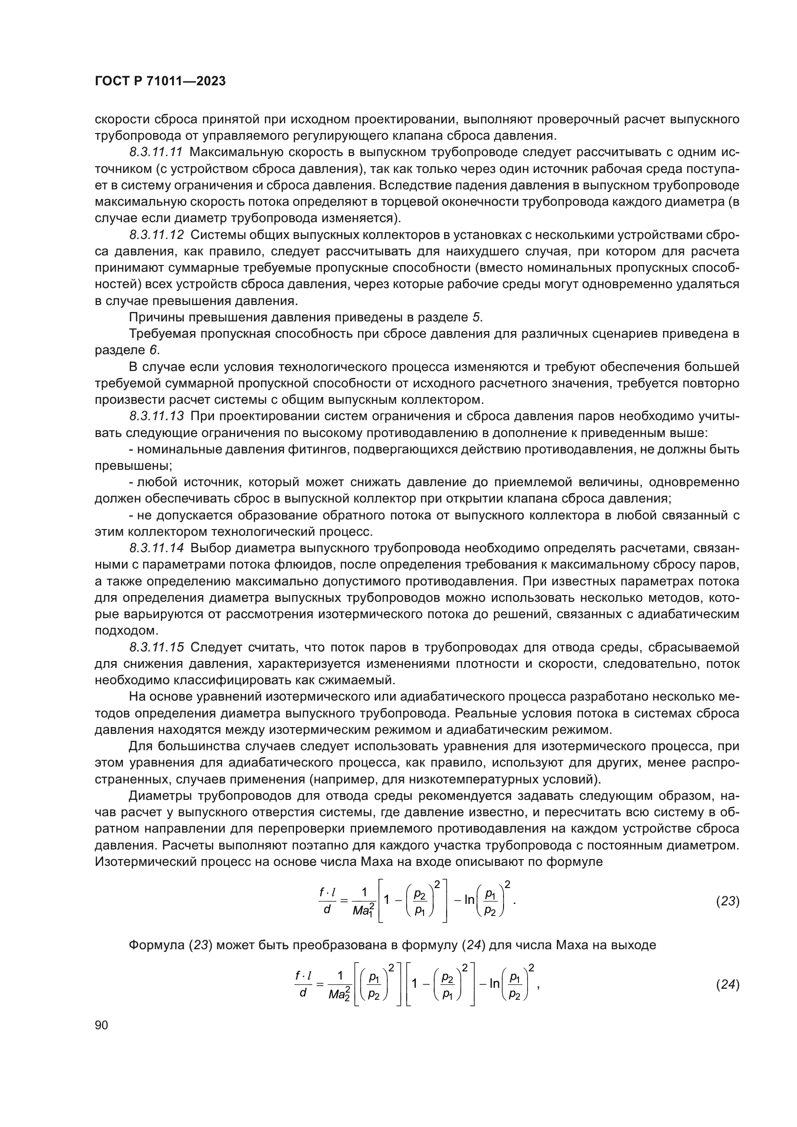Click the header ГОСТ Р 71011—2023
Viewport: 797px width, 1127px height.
pos(160,81)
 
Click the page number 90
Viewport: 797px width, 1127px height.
pos(101,1025)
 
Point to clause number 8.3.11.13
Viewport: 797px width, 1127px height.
pos(157,416)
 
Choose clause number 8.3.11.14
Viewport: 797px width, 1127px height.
pos(157,548)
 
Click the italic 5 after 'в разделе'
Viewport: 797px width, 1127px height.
pos(476,318)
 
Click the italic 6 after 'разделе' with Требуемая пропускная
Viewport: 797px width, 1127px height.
pos(153,350)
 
